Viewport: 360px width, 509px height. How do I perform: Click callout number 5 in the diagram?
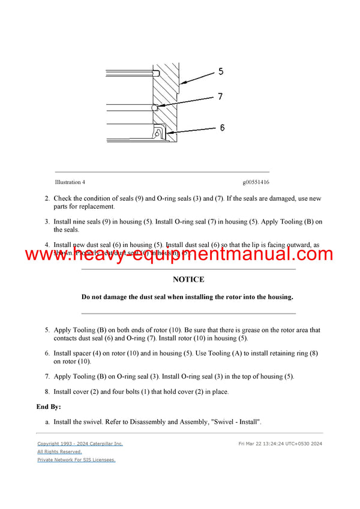(x=221, y=72)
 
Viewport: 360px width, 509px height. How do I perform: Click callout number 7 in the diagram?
(x=221, y=97)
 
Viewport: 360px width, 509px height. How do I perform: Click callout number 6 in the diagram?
(x=222, y=128)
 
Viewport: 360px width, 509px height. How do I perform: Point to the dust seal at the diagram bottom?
(x=160, y=132)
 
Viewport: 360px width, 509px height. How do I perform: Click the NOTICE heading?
(x=188, y=279)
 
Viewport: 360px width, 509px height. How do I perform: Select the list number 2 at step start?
(x=47, y=198)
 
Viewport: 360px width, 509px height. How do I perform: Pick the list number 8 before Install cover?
(x=47, y=392)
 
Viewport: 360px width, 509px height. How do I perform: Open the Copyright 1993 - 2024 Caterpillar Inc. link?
(x=80, y=444)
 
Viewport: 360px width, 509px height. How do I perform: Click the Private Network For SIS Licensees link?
(x=76, y=460)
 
